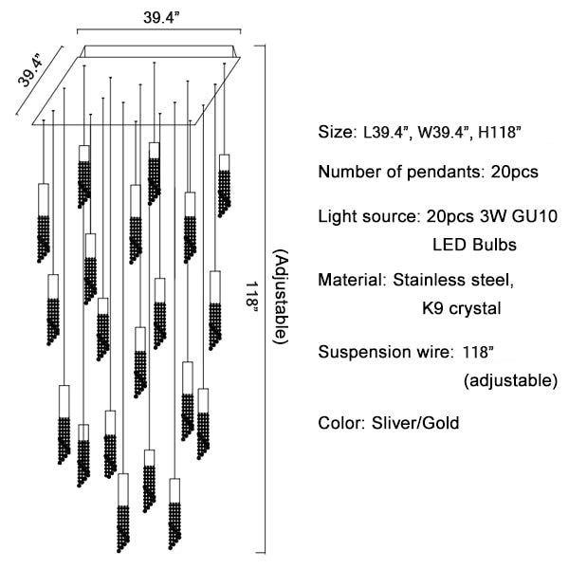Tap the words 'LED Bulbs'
(474, 245)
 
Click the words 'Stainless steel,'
(454, 281)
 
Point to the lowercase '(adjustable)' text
(510, 381)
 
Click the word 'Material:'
(349, 281)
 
